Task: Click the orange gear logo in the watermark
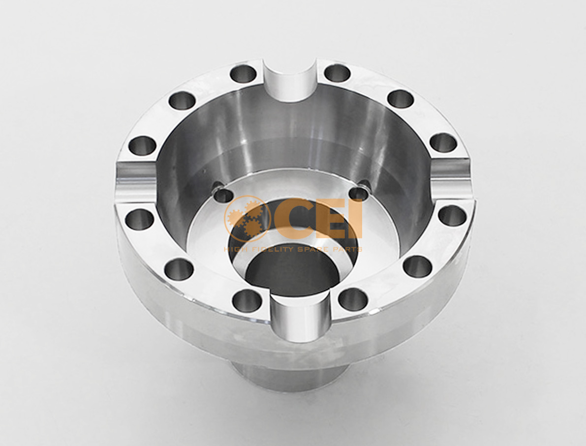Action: click(x=247, y=218)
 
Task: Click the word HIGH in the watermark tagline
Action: click(x=234, y=249)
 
